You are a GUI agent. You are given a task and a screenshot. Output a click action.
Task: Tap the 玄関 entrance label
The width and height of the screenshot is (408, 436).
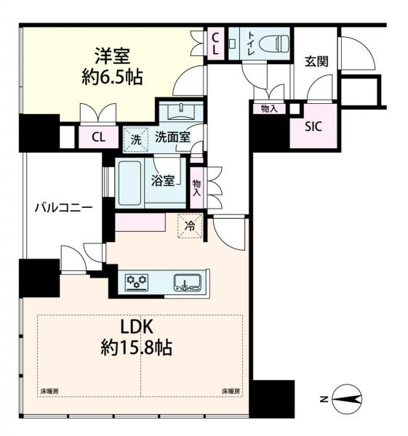pos(316,62)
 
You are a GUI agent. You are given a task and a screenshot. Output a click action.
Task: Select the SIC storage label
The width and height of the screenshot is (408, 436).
pos(313,126)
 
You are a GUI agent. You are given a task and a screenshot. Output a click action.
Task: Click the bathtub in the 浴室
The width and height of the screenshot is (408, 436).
pos(129,182)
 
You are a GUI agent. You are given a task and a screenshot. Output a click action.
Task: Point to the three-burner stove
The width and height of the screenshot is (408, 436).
pos(136,283)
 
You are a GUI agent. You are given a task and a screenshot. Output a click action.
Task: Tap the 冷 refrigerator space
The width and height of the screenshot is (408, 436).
pos(190,226)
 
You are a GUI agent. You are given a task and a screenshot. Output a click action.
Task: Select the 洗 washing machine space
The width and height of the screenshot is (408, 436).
pos(136,140)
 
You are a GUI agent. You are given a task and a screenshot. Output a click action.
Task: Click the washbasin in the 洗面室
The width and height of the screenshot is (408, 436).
pos(181,111)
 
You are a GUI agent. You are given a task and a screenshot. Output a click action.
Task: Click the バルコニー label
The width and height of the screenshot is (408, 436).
pos(64,208)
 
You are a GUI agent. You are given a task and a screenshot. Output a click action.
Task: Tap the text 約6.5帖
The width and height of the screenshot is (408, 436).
pos(113,77)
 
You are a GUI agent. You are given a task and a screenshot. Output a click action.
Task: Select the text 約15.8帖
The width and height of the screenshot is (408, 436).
pos(137,347)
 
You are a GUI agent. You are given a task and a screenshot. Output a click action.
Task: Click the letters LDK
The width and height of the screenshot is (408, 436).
pos(137,327)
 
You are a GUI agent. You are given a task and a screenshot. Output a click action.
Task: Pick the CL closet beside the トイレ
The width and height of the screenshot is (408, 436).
pos(215,44)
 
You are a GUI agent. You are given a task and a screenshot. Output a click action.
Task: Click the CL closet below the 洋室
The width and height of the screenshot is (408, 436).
pos(99,137)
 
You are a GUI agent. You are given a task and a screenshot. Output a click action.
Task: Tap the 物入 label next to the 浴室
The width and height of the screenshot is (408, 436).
pos(197,187)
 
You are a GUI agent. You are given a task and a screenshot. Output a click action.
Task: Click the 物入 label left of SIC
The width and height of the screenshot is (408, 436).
pos(269,109)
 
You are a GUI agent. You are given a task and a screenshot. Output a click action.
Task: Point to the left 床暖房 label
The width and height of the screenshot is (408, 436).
pos(49,392)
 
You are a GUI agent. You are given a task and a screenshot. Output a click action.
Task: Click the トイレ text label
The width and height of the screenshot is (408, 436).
pos(252,44)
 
